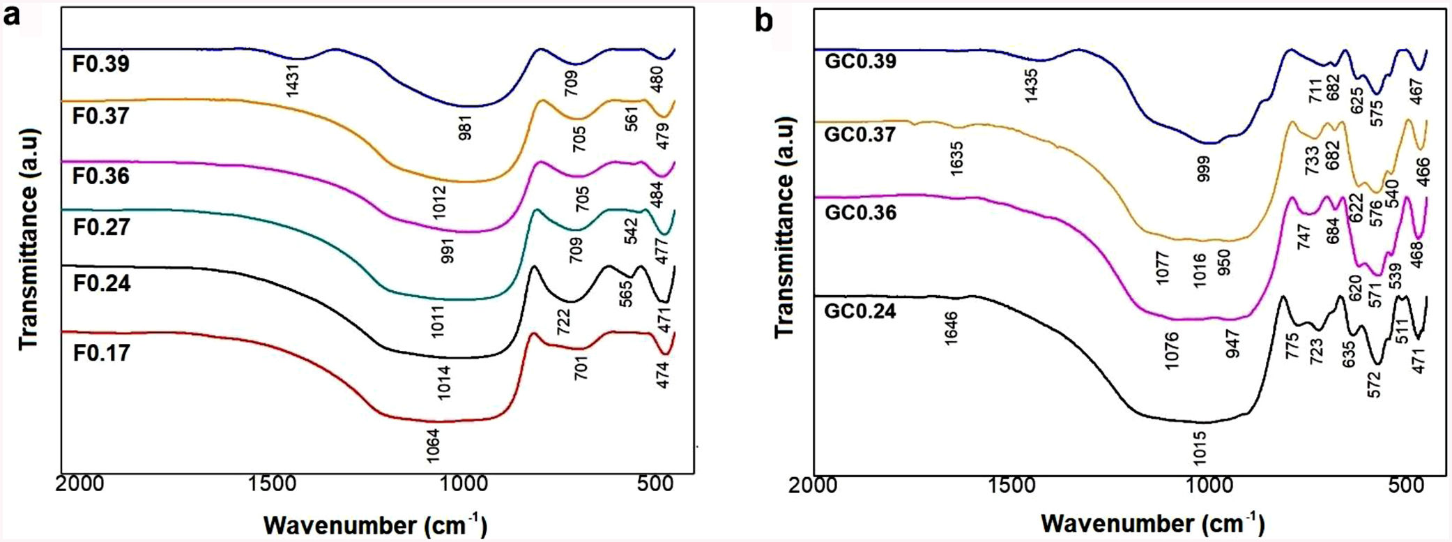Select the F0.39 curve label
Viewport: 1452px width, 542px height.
[100, 64]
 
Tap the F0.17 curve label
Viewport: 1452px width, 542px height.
[101, 353]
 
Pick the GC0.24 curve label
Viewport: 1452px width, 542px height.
[859, 310]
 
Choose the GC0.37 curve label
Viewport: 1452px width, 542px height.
[859, 134]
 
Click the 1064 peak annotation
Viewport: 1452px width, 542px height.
[433, 447]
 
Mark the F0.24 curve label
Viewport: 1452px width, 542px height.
[101, 284]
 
